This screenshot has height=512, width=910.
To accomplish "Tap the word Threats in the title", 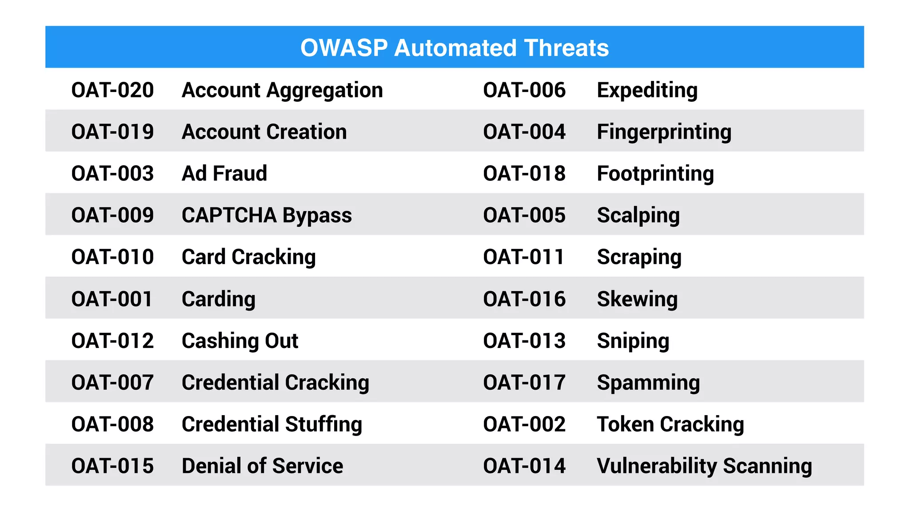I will click(x=566, y=48).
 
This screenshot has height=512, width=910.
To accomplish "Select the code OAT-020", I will click(x=112, y=90).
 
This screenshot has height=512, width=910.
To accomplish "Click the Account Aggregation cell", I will click(x=282, y=90).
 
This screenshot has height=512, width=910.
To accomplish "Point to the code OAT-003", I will click(x=112, y=174).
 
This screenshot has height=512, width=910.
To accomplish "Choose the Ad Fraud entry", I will click(x=224, y=174).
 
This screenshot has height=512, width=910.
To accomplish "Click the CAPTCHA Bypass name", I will click(x=267, y=216).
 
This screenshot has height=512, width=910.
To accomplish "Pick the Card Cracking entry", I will click(x=249, y=257).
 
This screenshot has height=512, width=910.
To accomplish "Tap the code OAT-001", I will click(x=112, y=299).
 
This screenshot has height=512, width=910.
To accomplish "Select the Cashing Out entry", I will click(x=240, y=341).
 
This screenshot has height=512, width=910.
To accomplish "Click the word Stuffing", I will click(x=323, y=424).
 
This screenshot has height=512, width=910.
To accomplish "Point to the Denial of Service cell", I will click(x=262, y=466).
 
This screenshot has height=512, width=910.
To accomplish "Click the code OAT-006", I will click(x=524, y=90).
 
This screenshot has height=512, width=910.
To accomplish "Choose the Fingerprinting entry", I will click(x=664, y=132).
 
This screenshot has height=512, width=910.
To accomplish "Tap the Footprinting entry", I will click(x=655, y=174).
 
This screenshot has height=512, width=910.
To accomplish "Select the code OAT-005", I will click(x=524, y=216).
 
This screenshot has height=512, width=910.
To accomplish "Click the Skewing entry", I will click(x=637, y=299).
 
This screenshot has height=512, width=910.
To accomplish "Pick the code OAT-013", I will click(x=524, y=341).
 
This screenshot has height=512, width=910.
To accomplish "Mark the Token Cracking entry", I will click(x=671, y=424).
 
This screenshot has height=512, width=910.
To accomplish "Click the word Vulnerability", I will click(x=657, y=466).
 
